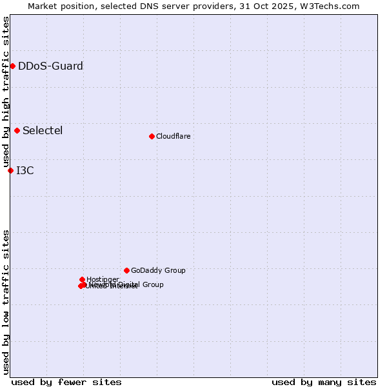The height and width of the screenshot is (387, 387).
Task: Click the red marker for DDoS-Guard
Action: pos(12,66)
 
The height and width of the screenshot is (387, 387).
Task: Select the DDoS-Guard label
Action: pos(50,66)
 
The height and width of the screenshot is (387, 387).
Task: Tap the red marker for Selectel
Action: pos(17,130)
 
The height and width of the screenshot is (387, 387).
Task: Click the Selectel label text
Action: pos(43,130)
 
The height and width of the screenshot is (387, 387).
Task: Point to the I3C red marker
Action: pos(10,170)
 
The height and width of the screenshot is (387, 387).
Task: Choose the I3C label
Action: pos(25,170)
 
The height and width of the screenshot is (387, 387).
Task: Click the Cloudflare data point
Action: pos(152,136)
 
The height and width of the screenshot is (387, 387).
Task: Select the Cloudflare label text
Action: pos(173,136)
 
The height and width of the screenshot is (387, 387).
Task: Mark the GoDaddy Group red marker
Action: pos(126,270)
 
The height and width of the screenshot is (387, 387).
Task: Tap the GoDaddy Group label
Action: pos(158,270)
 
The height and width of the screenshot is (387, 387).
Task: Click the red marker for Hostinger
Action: pos(82,279)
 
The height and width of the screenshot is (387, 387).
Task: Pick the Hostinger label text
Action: pos(103,279)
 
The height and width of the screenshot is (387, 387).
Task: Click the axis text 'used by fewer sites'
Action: pos(66,382)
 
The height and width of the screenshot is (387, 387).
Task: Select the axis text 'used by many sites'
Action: pos(324,382)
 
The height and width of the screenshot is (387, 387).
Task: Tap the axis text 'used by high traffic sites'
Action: pos(6,92)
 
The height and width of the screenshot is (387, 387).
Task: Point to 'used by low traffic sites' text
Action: pos(6,301)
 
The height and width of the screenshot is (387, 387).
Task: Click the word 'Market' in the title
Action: pos(42,6)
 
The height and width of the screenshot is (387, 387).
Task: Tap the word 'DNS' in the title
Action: pos(145,6)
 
